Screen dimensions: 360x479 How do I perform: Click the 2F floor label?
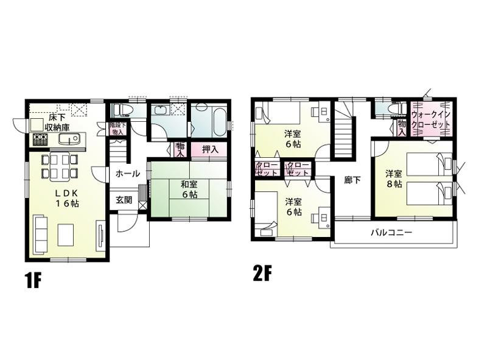pyautogui.click(x=262, y=274)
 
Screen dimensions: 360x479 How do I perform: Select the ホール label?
pyautogui.click(x=127, y=174)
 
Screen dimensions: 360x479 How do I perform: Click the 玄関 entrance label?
pyautogui.click(x=124, y=200)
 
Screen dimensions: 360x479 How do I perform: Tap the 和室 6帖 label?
pyautogui.click(x=187, y=189)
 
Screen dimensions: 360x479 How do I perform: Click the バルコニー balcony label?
pyautogui.click(x=391, y=233)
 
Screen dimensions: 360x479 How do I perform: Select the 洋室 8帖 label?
pyautogui.click(x=392, y=178)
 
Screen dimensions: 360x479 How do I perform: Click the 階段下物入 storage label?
pyautogui.click(x=117, y=128)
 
